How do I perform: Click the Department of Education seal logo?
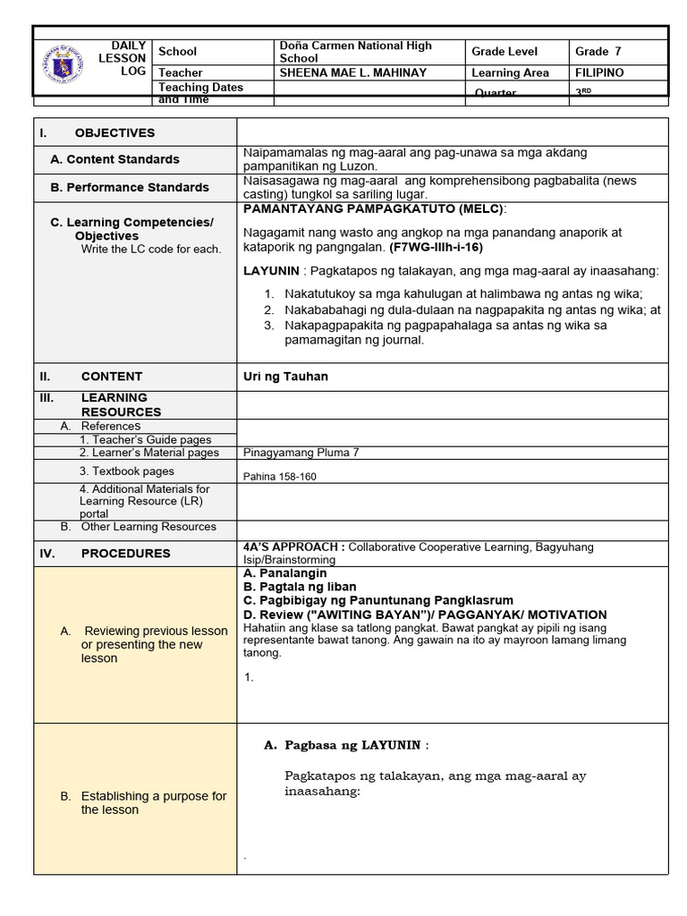coord(62,65)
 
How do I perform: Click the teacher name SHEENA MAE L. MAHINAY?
coord(353,72)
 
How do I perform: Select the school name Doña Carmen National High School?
coord(355,52)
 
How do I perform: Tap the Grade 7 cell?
coord(598,52)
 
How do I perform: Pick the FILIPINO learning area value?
coord(599,72)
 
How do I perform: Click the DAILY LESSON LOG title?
coord(128,58)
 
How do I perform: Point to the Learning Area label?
coord(510,72)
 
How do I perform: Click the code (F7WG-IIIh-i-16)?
coord(436,246)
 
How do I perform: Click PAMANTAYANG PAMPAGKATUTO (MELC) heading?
coord(374,208)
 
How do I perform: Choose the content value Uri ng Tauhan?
coord(285,377)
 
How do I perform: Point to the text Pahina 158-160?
coord(279,477)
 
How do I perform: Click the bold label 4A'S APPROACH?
coord(288,547)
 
